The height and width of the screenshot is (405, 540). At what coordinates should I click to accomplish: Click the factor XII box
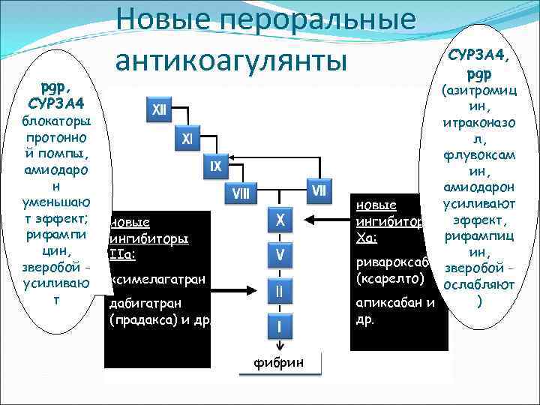[159, 110]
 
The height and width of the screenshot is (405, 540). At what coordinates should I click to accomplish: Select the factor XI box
[187, 139]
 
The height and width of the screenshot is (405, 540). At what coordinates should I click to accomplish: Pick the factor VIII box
[242, 193]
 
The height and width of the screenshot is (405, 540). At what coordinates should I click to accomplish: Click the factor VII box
[319, 190]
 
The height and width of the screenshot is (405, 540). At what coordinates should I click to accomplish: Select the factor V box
[280, 255]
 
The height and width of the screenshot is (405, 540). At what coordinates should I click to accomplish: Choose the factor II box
[280, 289]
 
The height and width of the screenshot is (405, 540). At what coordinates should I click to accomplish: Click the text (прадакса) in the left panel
[140, 319]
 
